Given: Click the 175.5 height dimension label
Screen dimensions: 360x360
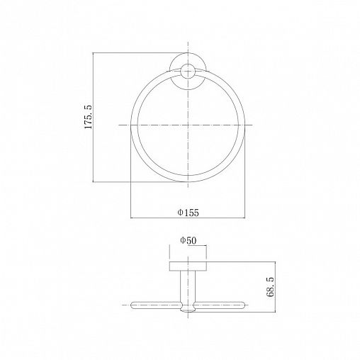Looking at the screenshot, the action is pos(88,117).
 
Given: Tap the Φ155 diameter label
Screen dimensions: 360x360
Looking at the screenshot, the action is pos(189,213).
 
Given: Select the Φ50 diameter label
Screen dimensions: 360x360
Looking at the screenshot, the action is pos(188,240).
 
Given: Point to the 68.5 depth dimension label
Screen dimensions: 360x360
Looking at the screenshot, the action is pos(270,287).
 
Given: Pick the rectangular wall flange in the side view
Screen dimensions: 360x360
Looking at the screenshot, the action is pos(188,266).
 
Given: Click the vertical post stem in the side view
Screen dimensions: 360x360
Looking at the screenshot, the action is pos(188,286).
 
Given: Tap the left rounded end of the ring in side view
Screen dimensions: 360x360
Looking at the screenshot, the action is pos(134,305).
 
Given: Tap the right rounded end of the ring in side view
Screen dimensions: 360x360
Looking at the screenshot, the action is pos(242,305).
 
